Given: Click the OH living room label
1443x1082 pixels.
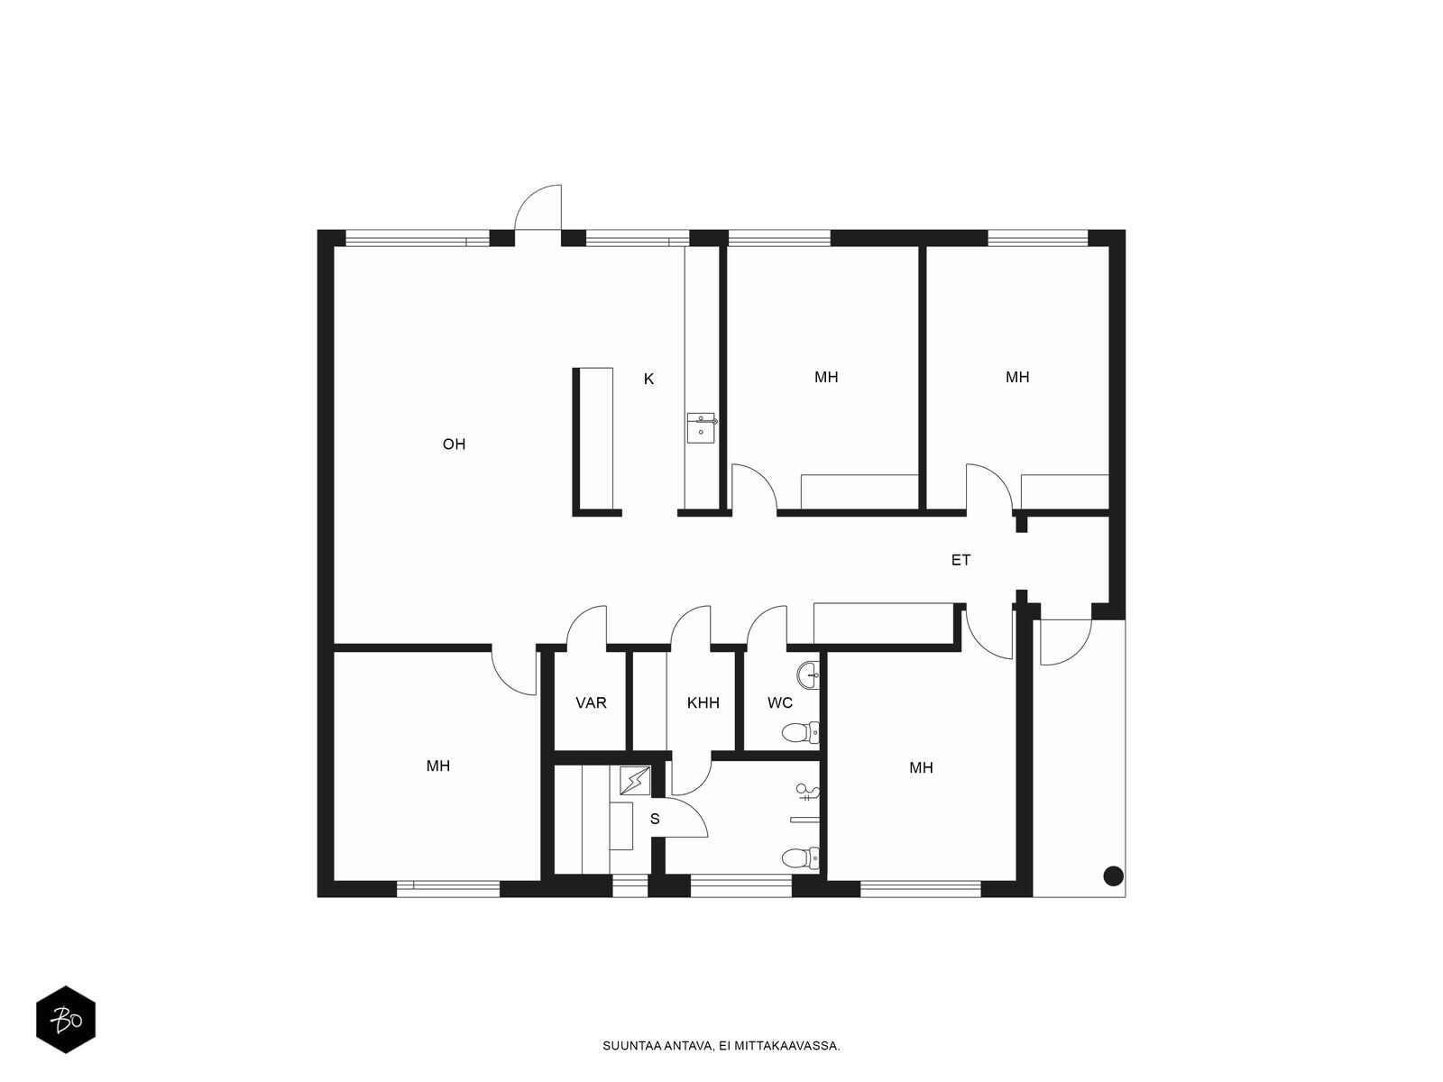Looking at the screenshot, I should (x=454, y=445).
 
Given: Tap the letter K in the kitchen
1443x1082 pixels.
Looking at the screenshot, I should (x=648, y=380).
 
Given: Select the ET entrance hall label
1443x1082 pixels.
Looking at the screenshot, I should (x=960, y=560).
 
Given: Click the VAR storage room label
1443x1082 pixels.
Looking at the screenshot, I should (x=591, y=702).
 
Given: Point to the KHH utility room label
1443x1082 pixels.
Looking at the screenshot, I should (x=703, y=702).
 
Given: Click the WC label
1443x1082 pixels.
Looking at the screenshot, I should (x=780, y=702).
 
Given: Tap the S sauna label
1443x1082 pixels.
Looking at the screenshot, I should (x=655, y=820).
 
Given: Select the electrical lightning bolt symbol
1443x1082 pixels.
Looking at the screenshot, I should (x=635, y=780).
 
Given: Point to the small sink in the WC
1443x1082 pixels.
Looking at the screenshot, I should (x=809, y=671).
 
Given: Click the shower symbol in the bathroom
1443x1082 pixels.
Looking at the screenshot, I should (x=806, y=793).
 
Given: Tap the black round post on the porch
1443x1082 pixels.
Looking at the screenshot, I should (x=1113, y=875).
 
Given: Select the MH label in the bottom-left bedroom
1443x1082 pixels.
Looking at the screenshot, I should (x=438, y=766).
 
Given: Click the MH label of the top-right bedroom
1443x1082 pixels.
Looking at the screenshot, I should (x=1017, y=377).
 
